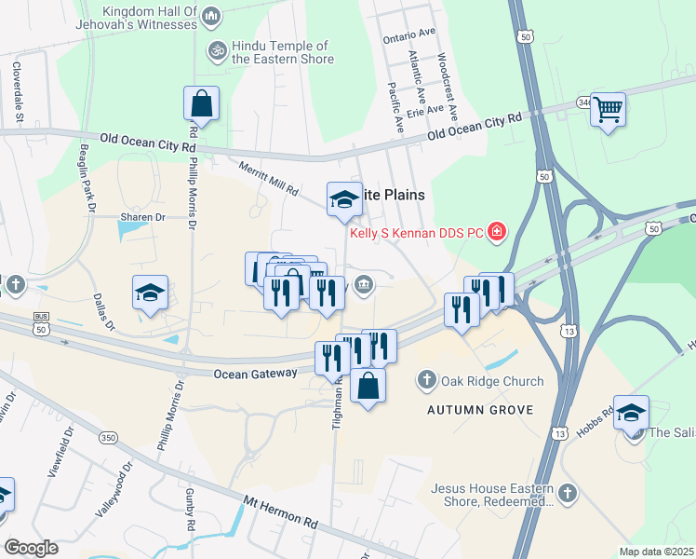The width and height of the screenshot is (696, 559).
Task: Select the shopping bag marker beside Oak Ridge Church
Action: click(x=368, y=386)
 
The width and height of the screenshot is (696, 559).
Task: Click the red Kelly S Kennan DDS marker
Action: click(x=498, y=231)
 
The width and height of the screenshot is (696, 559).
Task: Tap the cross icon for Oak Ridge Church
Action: click(x=427, y=379)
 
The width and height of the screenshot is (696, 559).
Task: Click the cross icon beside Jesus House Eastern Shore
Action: click(x=567, y=491)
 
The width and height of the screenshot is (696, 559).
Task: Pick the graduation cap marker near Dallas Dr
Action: click(x=150, y=293)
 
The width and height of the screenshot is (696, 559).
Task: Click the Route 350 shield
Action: click(x=107, y=437)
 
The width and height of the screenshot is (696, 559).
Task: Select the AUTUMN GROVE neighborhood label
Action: click(x=479, y=410)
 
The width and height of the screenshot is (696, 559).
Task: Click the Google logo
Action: click(x=31, y=547)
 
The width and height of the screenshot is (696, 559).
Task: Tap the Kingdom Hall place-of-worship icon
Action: click(x=211, y=16)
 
